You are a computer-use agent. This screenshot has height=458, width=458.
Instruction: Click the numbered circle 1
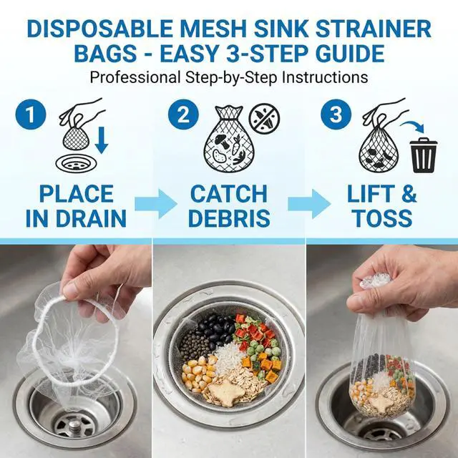tap(31, 114)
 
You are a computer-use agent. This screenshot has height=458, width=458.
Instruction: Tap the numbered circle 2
tap(183, 114)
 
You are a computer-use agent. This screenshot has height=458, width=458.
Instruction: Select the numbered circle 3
tap(336, 114)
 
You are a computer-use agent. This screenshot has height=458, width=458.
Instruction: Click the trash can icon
tap(423, 155)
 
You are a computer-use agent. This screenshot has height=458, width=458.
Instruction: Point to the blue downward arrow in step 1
tap(102, 140)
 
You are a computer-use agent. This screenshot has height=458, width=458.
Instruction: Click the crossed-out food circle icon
tap(264, 119)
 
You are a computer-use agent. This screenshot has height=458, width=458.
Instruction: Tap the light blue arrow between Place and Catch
tap(156, 203)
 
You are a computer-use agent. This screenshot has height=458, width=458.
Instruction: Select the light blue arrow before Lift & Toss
tap(309, 203)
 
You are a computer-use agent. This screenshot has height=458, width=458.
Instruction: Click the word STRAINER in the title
tap(374, 29)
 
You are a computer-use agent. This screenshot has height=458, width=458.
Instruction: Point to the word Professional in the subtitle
tap(135, 77)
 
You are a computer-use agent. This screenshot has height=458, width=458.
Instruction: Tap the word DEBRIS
tap(229, 218)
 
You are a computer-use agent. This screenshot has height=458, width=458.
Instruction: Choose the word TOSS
tap(383, 218)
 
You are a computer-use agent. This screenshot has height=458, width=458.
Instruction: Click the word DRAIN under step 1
tap(91, 218)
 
